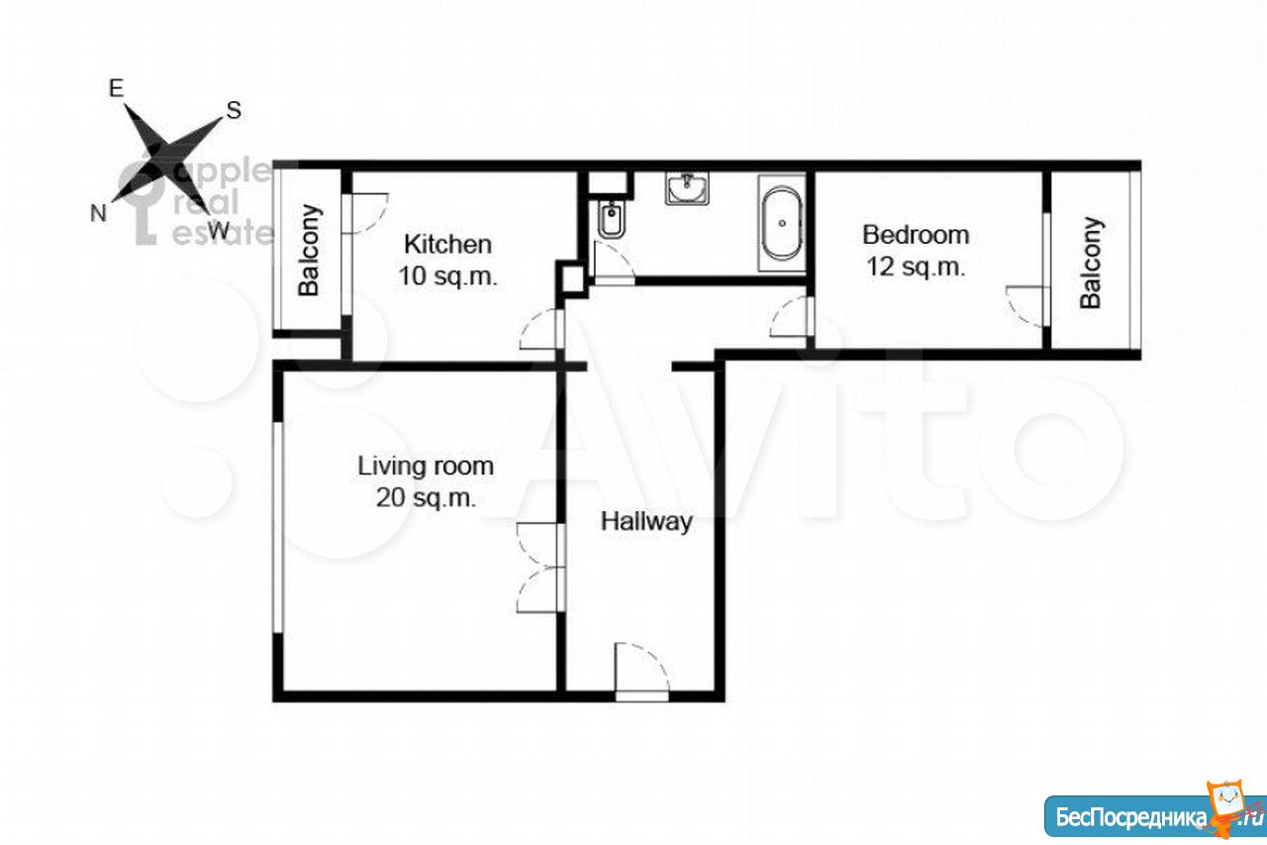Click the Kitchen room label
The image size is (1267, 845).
(447, 245)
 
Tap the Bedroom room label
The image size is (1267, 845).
(916, 235)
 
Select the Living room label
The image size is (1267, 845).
(426, 467)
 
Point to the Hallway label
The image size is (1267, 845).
(646, 522)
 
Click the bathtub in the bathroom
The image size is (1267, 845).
(782, 223)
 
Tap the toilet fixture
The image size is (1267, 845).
(612, 219)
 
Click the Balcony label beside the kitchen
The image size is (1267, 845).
(309, 250)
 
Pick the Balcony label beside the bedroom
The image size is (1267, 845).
(1091, 263)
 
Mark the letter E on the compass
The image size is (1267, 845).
(116, 88)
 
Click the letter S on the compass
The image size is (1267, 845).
(234, 110)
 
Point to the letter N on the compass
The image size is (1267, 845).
(98, 213)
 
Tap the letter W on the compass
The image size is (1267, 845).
(219, 231)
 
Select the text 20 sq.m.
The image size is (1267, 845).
(426, 498)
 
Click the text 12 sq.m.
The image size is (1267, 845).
(916, 266)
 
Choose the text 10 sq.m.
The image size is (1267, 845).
(447, 276)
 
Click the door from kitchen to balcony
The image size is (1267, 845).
(365, 213)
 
